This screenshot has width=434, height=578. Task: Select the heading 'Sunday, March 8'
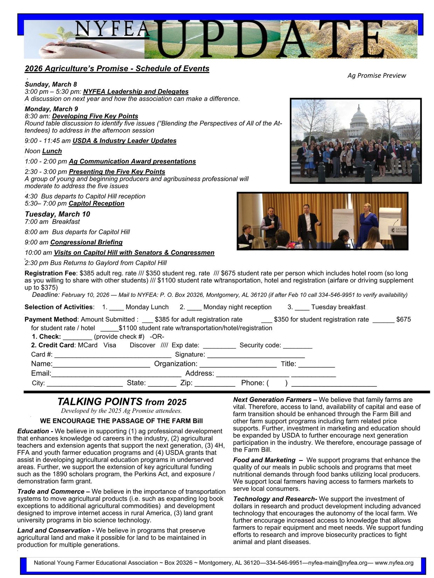click(51, 84)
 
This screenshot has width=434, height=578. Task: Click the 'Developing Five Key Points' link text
click(95, 116)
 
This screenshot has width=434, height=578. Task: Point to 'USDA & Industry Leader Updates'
click(124, 141)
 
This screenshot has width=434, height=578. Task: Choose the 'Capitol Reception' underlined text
click(96, 203)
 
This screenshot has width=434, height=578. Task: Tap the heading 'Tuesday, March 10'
click(57, 214)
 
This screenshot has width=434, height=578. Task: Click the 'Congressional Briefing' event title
click(86, 242)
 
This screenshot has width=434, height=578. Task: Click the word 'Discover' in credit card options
click(142, 345)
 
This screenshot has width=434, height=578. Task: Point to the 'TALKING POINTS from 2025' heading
click(122, 401)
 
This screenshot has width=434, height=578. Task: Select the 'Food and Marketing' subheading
click(264, 460)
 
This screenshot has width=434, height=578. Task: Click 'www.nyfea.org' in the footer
click(394, 563)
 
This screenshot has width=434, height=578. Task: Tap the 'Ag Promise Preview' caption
click(377, 76)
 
